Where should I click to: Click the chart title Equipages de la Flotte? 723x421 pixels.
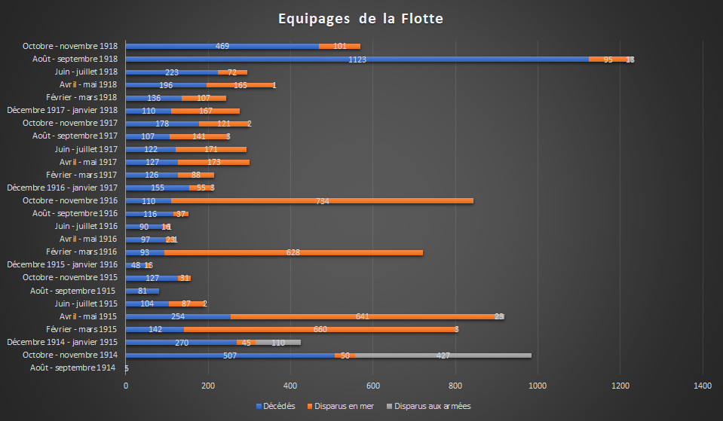(360, 18)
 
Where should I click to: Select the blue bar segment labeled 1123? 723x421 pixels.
(357, 59)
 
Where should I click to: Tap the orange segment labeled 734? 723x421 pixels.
(322, 200)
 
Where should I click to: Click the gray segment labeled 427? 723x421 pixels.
(443, 355)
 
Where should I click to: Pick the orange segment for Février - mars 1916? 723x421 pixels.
(293, 252)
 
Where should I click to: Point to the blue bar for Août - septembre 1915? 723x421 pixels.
(142, 291)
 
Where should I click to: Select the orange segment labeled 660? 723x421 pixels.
(320, 329)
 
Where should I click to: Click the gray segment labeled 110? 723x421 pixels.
(278, 342)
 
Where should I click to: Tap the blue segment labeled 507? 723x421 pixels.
(230, 355)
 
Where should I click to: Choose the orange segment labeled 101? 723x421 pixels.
(339, 46)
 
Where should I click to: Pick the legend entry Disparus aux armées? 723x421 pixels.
(427, 406)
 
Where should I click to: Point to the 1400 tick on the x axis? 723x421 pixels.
(703, 386)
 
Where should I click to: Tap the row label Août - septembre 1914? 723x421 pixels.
(74, 368)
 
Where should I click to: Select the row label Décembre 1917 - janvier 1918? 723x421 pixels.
(62, 110)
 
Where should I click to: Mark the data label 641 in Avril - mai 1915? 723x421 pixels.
(362, 316)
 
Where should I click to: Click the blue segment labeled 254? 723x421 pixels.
(178, 316)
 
